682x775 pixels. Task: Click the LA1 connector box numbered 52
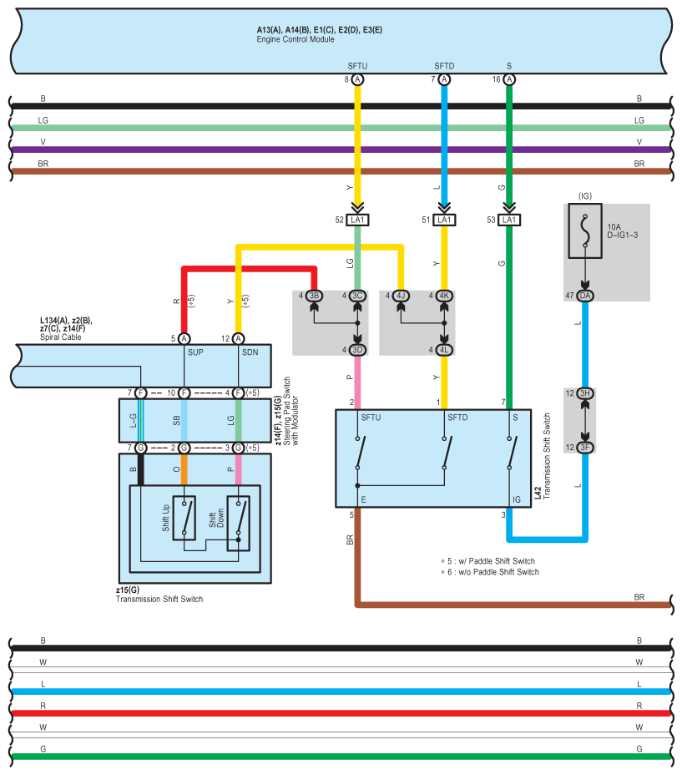pyautogui.click(x=357, y=220)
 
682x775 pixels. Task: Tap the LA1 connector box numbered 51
pyautogui.click(x=444, y=220)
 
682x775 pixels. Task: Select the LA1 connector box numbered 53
pyautogui.click(x=508, y=220)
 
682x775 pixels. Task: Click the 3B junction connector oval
pyautogui.click(x=315, y=296)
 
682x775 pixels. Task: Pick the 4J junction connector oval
pyautogui.click(x=401, y=296)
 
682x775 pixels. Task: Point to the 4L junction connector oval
pyautogui.click(x=444, y=349)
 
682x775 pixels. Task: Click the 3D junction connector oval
pyautogui.click(x=357, y=349)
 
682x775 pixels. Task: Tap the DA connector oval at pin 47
pyautogui.click(x=585, y=296)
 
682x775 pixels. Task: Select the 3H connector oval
pyautogui.click(x=585, y=393)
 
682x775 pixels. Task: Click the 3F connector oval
pyautogui.click(x=585, y=448)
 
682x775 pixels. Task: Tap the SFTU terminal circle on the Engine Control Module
pyautogui.click(x=357, y=79)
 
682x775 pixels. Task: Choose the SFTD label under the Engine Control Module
pyautogui.click(x=444, y=65)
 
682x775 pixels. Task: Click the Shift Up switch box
pyautogui.click(x=184, y=518)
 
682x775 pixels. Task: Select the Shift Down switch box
pyautogui.click(x=239, y=518)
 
